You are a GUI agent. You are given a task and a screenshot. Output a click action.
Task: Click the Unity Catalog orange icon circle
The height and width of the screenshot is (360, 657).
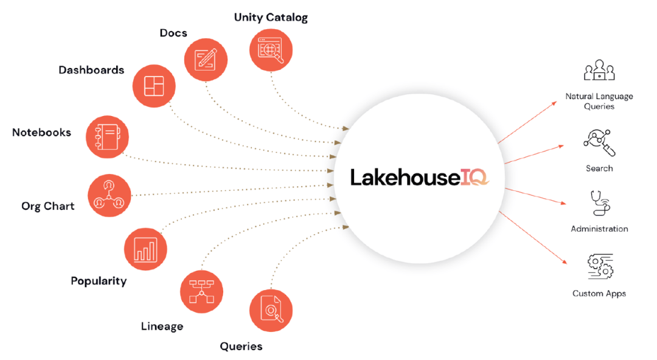pos(271,52)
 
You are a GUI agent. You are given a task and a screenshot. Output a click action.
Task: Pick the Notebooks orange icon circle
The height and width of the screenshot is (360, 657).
pos(108,136)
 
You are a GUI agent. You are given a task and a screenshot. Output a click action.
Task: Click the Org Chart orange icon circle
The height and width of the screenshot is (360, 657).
pos(109,195)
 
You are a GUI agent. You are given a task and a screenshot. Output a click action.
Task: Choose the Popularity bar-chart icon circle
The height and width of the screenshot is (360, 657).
pos(145,249)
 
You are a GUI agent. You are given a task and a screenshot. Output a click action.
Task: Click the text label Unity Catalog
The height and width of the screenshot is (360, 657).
pos(271,18)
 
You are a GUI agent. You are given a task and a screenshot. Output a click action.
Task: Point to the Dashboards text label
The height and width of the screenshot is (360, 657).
pos(91,70)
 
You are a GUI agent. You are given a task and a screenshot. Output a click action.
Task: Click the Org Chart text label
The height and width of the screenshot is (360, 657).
pos(48,206)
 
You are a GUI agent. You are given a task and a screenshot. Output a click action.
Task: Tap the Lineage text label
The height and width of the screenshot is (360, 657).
pos(162,327)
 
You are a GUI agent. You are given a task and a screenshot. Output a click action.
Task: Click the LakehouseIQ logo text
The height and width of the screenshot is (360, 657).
pos(419,177)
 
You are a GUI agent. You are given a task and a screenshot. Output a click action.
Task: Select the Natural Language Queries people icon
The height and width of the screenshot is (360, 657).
pos(599,71)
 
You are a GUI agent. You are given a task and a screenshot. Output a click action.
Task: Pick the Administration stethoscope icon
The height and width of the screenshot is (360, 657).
pos(599,204)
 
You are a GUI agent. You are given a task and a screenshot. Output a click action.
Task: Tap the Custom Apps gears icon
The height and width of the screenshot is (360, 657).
pos(600,268)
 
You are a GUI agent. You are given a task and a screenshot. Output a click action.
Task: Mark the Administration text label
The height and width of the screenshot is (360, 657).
pos(599,229)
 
